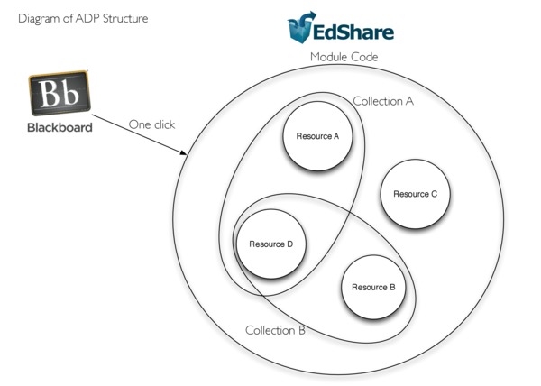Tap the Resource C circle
coord(415,195)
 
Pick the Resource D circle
coord(270,244)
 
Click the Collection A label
coord(382,101)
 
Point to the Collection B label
coord(275,330)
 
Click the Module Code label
coord(344,57)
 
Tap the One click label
coord(151,124)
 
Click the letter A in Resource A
coord(335,137)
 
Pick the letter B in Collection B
coord(301,330)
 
